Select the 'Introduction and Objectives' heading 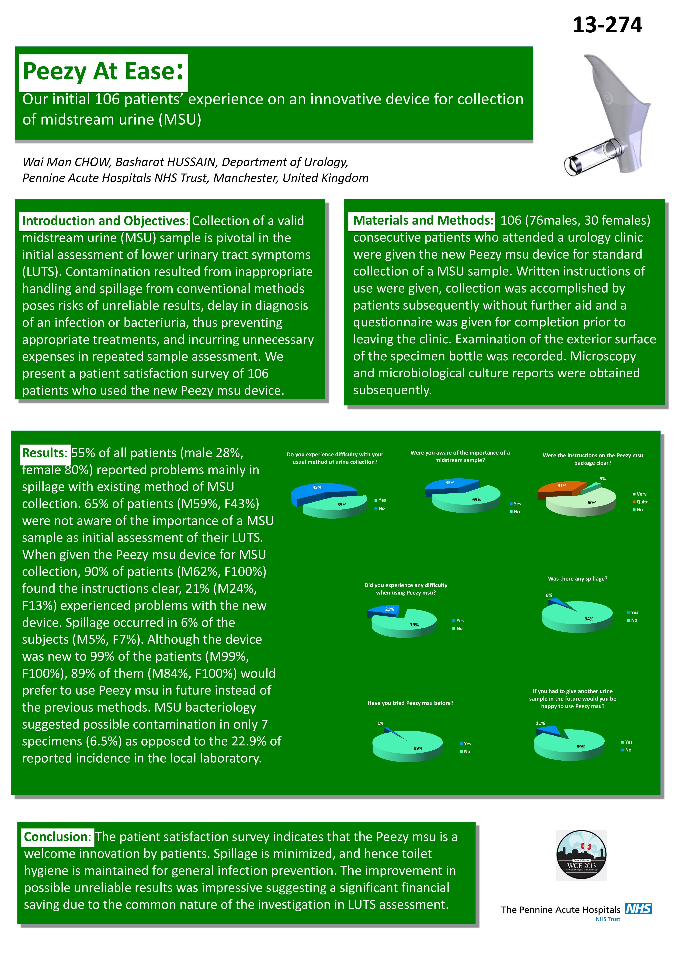105,221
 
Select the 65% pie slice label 476,500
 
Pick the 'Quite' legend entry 642,502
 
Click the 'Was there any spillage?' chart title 577,579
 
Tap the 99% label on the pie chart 418,748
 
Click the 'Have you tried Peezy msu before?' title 410,703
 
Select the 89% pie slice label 581,747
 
